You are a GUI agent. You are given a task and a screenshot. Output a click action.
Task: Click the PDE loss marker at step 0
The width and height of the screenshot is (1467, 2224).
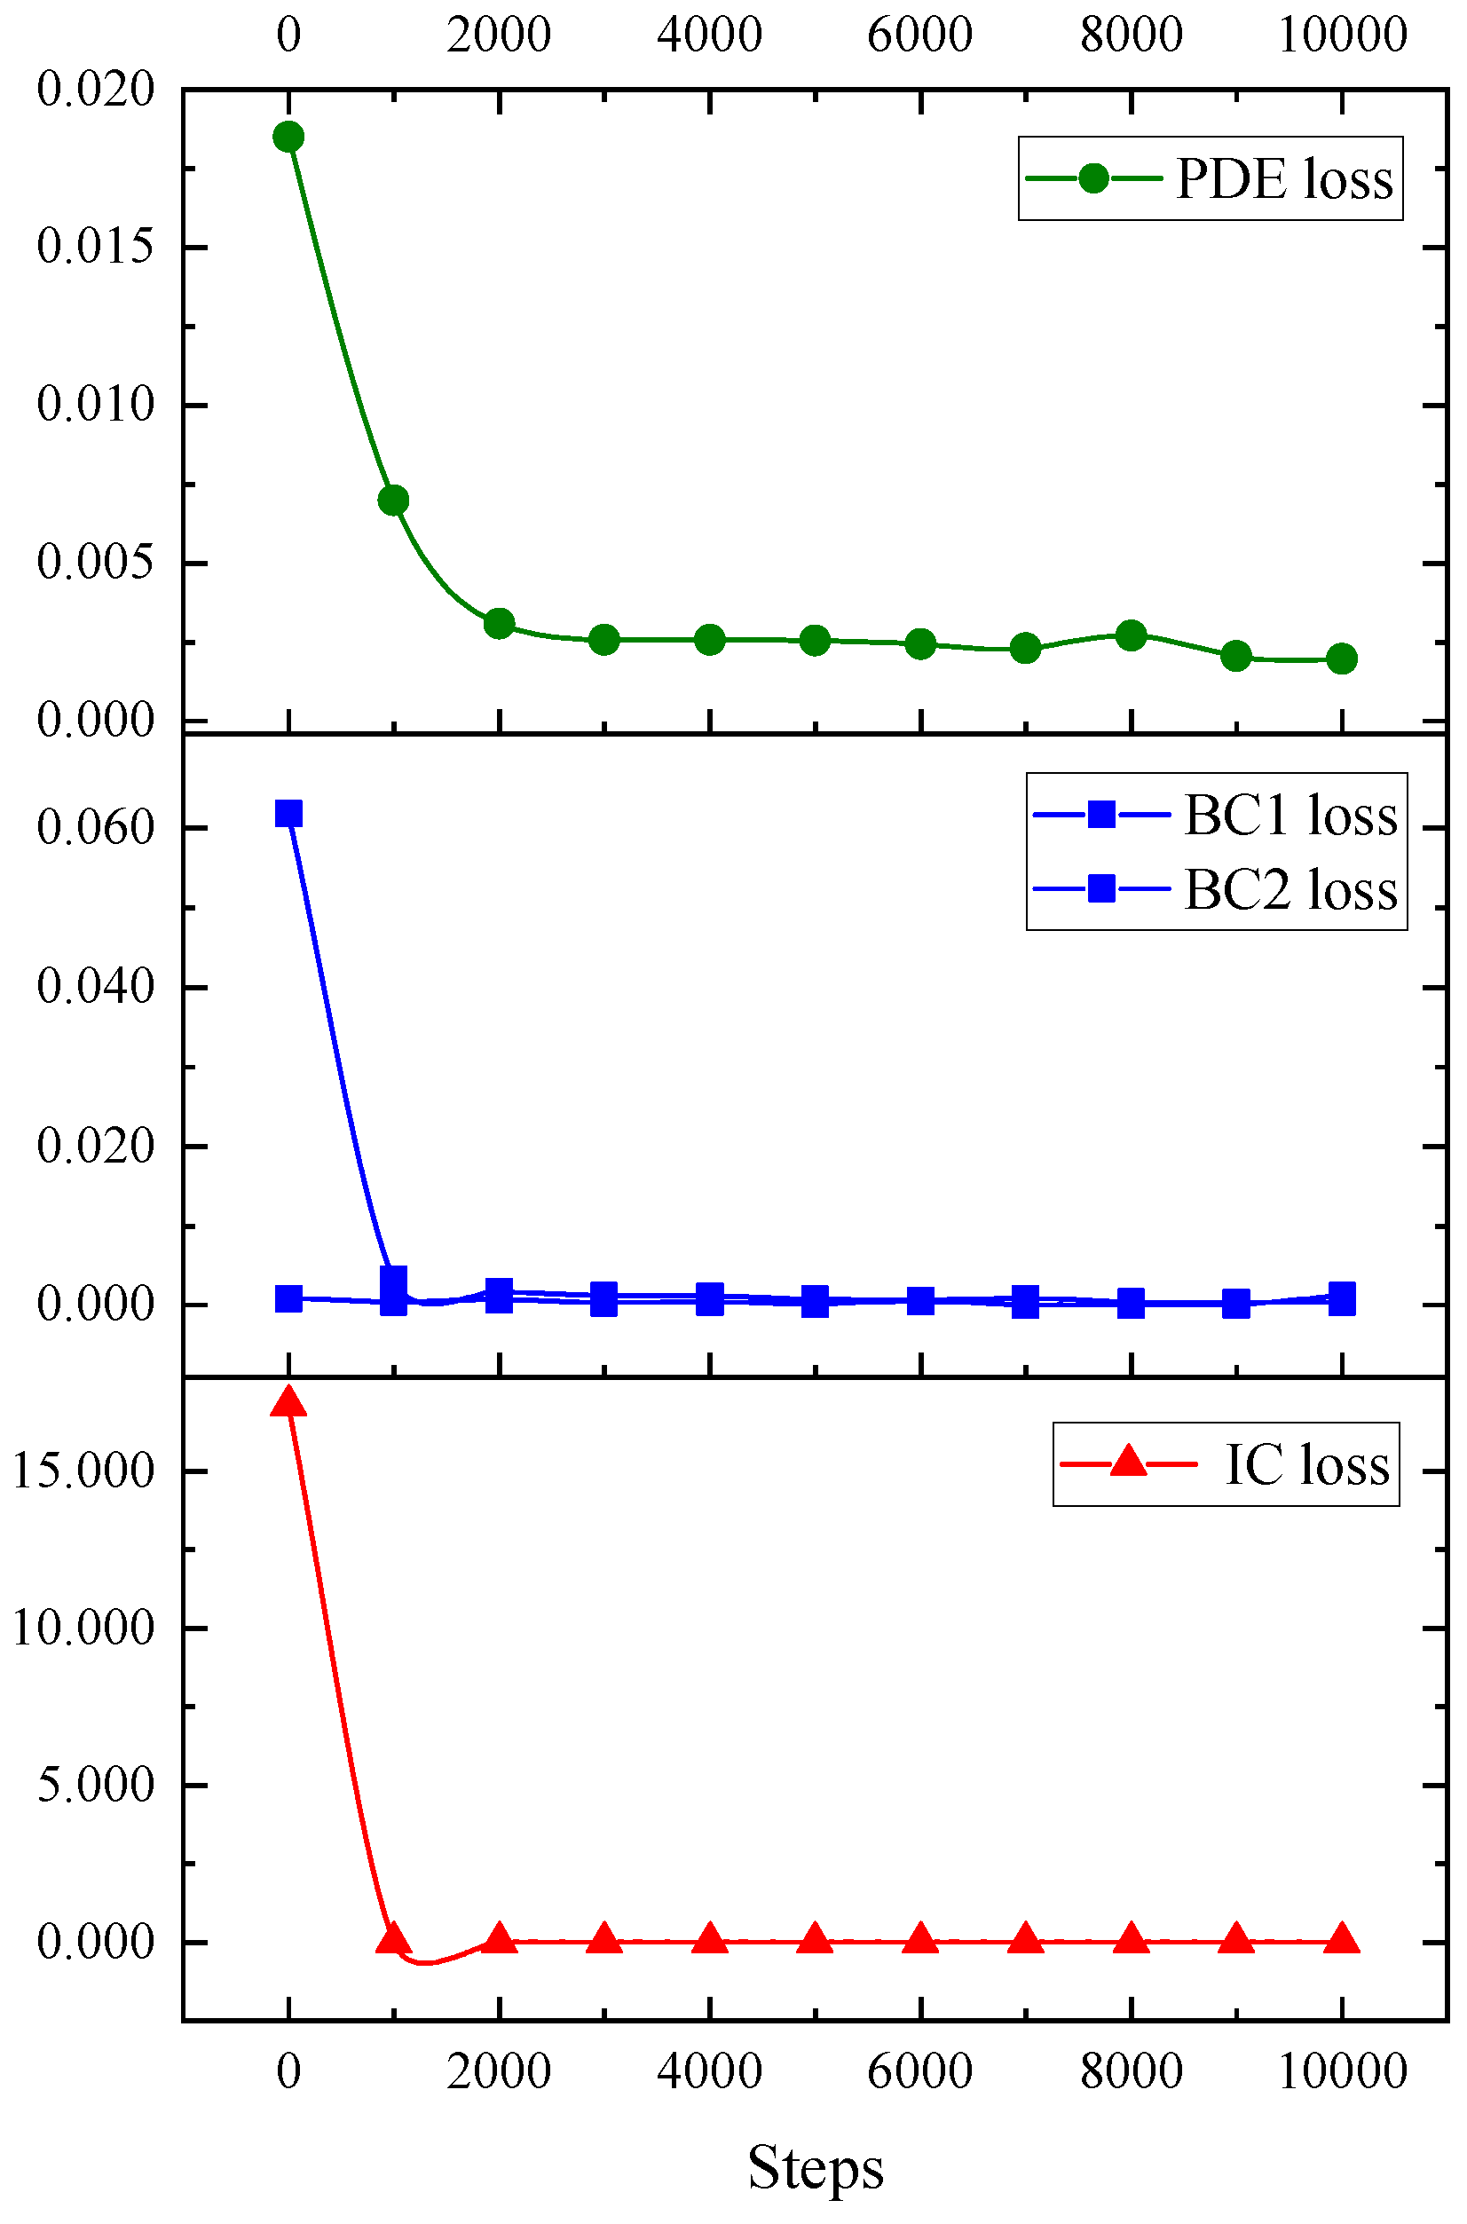(288, 137)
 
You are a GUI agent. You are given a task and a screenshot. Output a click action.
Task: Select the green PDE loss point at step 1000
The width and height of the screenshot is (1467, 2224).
(393, 501)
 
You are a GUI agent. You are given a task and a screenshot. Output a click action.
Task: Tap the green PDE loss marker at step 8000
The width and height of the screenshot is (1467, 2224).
(1132, 636)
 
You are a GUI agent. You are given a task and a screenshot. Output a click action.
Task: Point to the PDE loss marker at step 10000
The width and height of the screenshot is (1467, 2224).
(1342, 659)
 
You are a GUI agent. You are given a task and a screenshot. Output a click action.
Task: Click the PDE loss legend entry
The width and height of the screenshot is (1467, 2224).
(1211, 178)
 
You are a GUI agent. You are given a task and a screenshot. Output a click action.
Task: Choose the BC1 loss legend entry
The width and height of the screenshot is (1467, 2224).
(1216, 815)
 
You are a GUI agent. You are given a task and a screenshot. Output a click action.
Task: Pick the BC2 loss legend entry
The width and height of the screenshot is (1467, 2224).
(1216, 889)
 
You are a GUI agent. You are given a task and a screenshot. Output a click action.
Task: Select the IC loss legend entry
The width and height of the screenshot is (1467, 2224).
(1226, 1464)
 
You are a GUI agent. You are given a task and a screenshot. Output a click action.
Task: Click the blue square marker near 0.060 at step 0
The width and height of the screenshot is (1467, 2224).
(288, 813)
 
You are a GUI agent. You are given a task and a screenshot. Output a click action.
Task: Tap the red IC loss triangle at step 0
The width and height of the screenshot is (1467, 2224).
(288, 1402)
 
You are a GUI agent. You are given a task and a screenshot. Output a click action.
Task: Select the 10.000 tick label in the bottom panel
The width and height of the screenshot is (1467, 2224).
(83, 1628)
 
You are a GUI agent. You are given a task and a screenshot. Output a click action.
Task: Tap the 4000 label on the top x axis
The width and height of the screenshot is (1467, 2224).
(709, 35)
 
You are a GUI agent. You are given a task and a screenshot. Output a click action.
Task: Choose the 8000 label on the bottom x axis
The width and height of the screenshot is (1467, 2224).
(1132, 2071)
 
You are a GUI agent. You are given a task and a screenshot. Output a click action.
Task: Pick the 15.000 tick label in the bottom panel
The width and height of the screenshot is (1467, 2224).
(83, 1471)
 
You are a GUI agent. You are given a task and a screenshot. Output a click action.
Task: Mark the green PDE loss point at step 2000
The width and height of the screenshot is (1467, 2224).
(499, 623)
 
